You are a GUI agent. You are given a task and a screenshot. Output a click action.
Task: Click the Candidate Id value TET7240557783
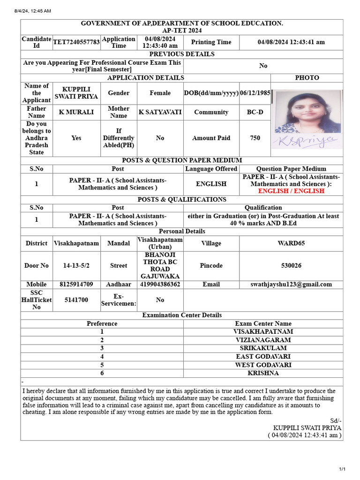point(76,42)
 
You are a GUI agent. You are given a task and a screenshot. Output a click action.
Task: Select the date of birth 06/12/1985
point(255,93)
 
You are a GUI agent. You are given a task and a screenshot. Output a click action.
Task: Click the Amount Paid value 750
point(255,138)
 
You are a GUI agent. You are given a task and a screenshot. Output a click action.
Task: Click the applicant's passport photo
point(307,112)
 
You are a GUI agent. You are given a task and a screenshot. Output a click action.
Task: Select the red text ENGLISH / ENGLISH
point(291,191)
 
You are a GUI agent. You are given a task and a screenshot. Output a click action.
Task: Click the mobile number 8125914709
point(76,284)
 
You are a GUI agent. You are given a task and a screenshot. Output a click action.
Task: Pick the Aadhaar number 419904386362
point(160,284)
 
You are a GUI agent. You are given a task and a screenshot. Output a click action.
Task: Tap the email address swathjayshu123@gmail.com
point(291,284)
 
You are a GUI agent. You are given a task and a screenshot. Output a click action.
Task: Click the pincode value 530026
point(291,265)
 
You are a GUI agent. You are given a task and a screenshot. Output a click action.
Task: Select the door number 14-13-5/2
point(76,265)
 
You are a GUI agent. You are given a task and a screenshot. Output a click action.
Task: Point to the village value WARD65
point(291,243)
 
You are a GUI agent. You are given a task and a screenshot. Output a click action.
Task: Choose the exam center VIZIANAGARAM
point(263,340)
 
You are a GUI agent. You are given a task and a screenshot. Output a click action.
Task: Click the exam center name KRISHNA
point(263,373)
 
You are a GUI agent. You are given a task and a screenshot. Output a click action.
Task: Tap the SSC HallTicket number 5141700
point(76,300)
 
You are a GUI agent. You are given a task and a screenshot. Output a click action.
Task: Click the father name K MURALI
point(76,112)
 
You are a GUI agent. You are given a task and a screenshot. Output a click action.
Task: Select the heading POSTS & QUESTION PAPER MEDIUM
point(182,160)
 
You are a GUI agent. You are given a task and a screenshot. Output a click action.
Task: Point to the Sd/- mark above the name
point(336,420)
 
